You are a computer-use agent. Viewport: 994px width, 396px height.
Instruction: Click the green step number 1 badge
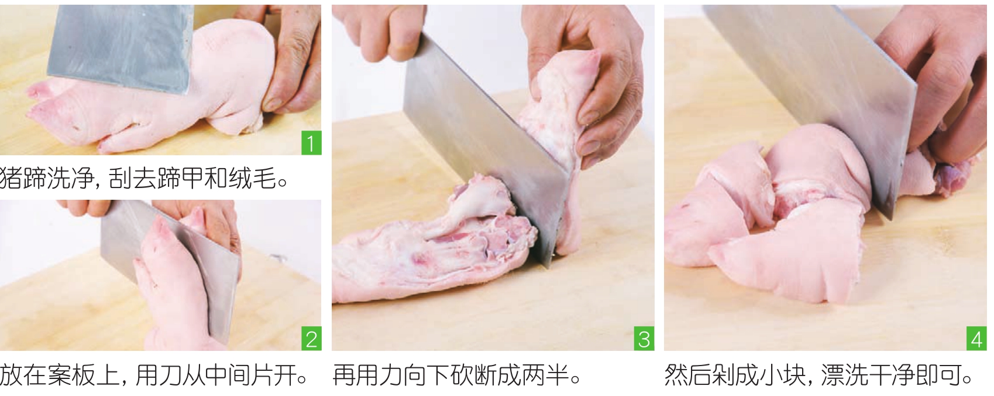click(311, 143)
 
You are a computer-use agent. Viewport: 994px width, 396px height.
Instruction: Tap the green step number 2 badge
click(311, 339)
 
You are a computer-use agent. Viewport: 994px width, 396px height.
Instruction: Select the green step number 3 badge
click(644, 339)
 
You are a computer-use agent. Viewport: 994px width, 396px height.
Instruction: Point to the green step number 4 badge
click(976, 339)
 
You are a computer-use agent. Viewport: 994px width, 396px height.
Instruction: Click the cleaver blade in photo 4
click(812, 98)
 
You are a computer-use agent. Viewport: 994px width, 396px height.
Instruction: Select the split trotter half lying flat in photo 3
click(431, 249)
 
